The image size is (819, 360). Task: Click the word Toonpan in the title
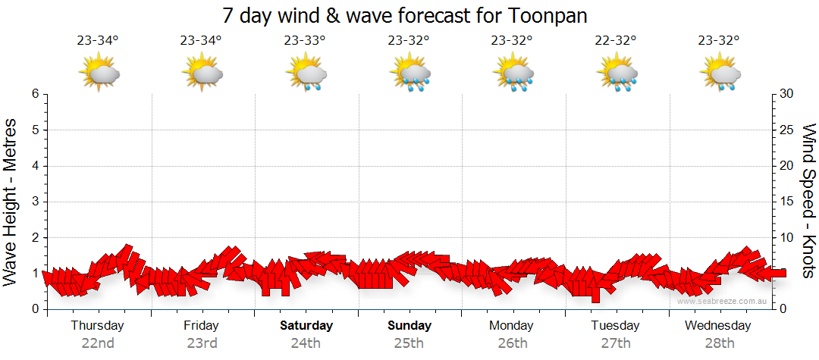coord(550,15)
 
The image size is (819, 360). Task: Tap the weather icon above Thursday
coord(99,74)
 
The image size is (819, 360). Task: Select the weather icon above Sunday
coord(410,74)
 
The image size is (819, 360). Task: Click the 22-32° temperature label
coord(615,41)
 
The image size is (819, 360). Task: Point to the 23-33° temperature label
coord(305,41)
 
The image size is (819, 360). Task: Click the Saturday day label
coord(306,326)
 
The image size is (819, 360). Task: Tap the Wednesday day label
coord(717,326)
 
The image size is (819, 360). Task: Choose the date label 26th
coord(513,343)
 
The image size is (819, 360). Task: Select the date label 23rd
coord(202,343)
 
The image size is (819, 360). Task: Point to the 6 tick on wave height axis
coord(35,94)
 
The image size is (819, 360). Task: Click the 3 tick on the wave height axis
coord(35,202)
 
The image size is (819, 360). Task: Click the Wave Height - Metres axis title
coord(11,201)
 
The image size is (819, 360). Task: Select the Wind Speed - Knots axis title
coord(808,201)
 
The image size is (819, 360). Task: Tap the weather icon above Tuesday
coord(618,74)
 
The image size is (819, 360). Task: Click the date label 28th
coord(718,343)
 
